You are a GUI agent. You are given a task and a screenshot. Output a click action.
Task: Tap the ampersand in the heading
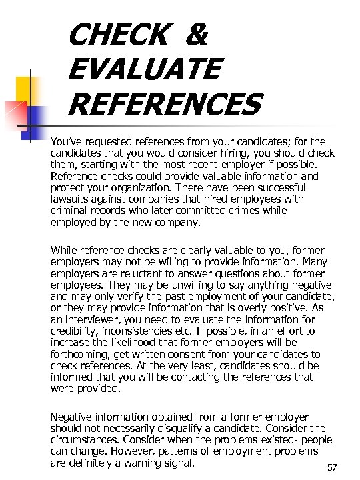[x=195, y=35]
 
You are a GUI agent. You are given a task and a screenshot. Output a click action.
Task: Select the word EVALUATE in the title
[x=143, y=69]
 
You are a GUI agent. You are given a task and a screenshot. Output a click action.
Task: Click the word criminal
[x=69, y=210]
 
